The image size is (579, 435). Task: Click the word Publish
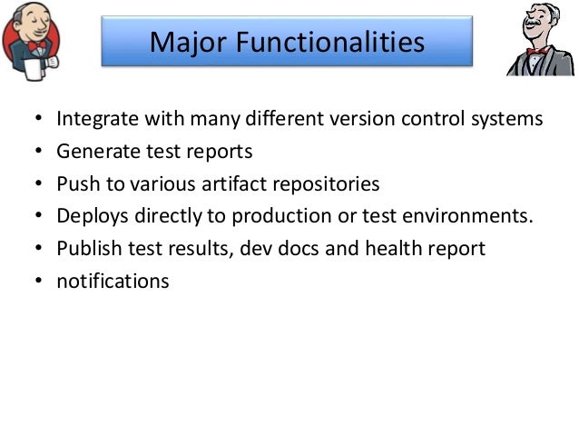[x=85, y=249]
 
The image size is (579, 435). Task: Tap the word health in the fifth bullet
[x=388, y=249]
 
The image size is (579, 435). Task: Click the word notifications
[x=113, y=281]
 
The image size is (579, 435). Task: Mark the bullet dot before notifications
[x=37, y=282]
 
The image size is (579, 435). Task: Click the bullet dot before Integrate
[x=37, y=120]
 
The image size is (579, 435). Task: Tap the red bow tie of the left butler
[x=36, y=45]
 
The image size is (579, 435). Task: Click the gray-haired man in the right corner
[x=542, y=38]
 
